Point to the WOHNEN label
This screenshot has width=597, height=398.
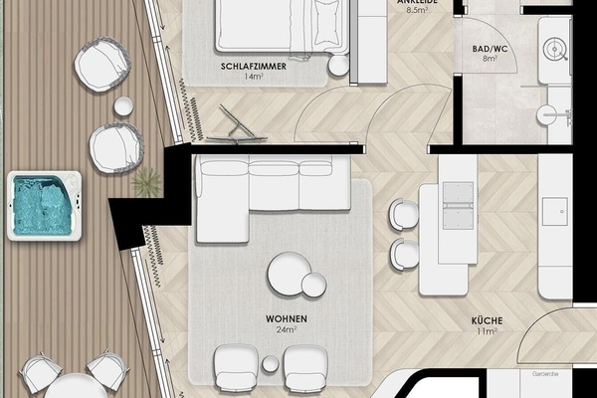pos(286,318)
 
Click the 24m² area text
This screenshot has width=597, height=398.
pos(286,330)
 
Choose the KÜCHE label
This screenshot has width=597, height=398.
pos(487,320)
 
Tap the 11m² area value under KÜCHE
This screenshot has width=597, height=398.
pos(487,332)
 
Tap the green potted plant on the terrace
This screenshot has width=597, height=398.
pos(147,181)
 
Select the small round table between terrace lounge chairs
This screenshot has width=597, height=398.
pos(125,106)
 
